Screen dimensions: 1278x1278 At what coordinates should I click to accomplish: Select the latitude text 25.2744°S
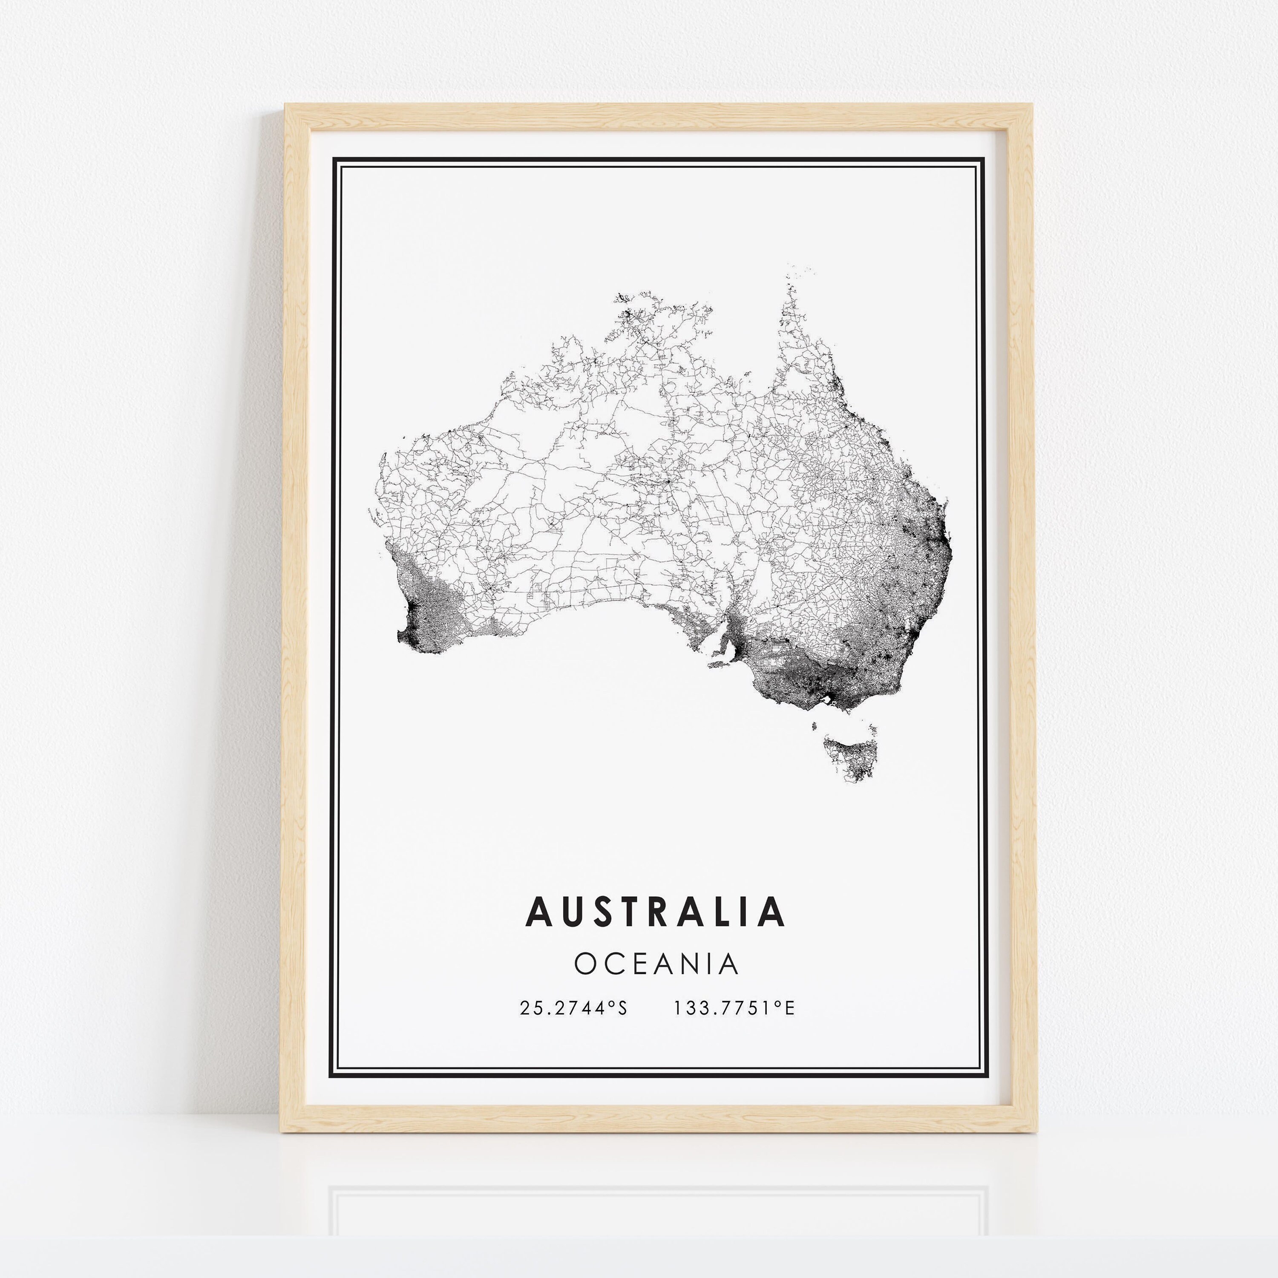click(x=573, y=1008)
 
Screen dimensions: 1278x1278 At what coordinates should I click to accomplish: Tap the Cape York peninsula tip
click(x=789, y=291)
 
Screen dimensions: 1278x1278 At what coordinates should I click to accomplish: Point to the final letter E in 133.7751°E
click(x=789, y=1008)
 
